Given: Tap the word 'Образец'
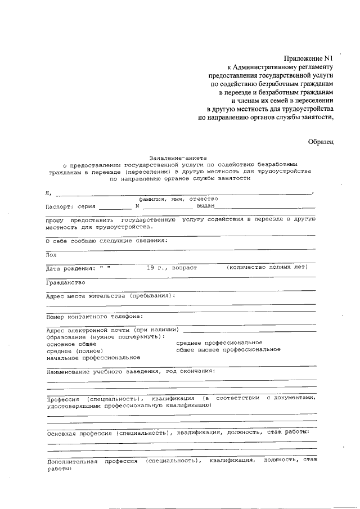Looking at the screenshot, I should (x=321, y=142).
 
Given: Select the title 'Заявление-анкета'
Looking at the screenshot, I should (x=178, y=158).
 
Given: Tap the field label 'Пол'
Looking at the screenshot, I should (x=51, y=255).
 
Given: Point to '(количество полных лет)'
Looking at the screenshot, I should (x=267, y=268).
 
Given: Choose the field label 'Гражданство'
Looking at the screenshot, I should (x=65, y=282).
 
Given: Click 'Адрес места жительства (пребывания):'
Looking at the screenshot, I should (x=111, y=295).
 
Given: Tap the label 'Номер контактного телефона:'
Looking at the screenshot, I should (x=94, y=316).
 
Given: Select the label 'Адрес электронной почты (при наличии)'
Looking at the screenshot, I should (x=112, y=329).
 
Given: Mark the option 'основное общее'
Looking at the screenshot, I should (x=71, y=343).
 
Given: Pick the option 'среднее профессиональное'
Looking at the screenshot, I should (x=219, y=343).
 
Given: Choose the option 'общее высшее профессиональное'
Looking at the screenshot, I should (x=228, y=349).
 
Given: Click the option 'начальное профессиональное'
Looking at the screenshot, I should (x=93, y=357).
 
